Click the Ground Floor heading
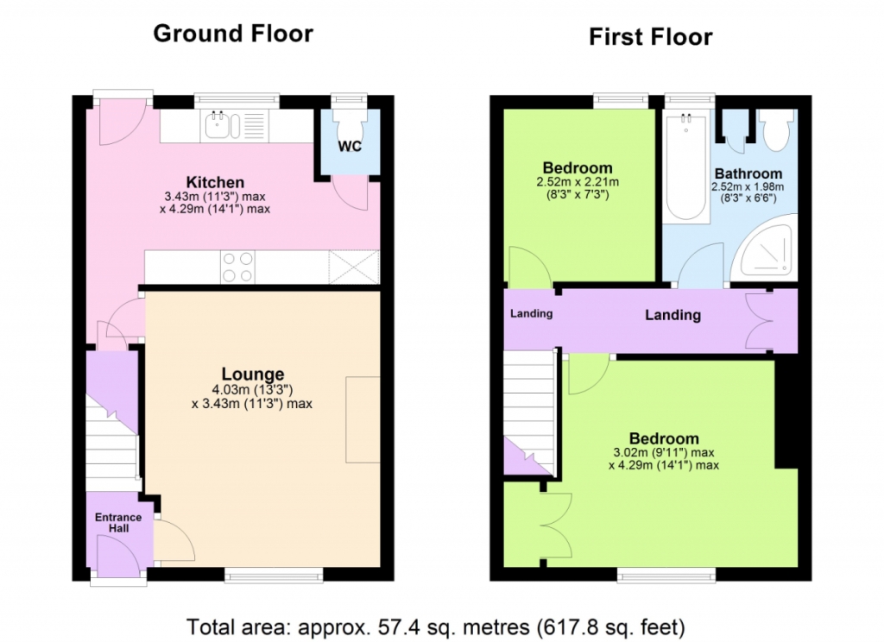click(x=233, y=34)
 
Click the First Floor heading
click(x=651, y=37)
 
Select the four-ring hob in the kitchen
click(x=237, y=267)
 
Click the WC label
click(x=350, y=147)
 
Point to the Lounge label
click(x=253, y=374)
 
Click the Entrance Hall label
click(x=118, y=523)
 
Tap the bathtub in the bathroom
click(x=686, y=167)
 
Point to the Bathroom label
click(x=748, y=173)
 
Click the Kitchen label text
click(x=215, y=182)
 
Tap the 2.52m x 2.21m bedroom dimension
click(x=578, y=182)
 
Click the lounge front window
click(x=274, y=575)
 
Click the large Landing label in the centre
click(x=672, y=315)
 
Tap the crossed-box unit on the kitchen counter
click(x=354, y=267)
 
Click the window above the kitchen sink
click(x=237, y=101)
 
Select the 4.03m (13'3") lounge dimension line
click(x=252, y=389)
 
